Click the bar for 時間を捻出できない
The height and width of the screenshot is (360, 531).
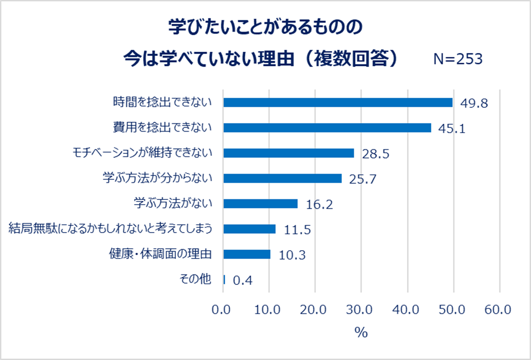[337, 102]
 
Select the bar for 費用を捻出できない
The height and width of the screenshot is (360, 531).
[327, 127]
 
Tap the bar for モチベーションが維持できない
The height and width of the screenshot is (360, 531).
[288, 153]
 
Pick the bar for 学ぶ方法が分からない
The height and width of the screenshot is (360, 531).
[282, 178]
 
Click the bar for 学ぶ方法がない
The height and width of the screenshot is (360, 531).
[260, 204]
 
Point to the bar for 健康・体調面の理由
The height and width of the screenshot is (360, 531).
[246, 254]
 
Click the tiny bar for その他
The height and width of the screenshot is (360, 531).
[224, 280]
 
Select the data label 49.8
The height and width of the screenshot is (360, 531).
[474, 104]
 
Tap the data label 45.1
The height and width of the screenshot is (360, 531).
[452, 128]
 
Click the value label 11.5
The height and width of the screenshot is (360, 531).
[297, 230]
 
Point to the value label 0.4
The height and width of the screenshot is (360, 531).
[243, 281]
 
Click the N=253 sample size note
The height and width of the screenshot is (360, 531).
[458, 59]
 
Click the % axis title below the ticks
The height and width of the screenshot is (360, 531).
[361, 333]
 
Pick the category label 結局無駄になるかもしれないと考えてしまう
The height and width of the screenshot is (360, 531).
[111, 228]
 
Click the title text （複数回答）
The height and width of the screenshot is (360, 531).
[352, 58]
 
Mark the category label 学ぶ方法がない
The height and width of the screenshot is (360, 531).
[173, 203]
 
